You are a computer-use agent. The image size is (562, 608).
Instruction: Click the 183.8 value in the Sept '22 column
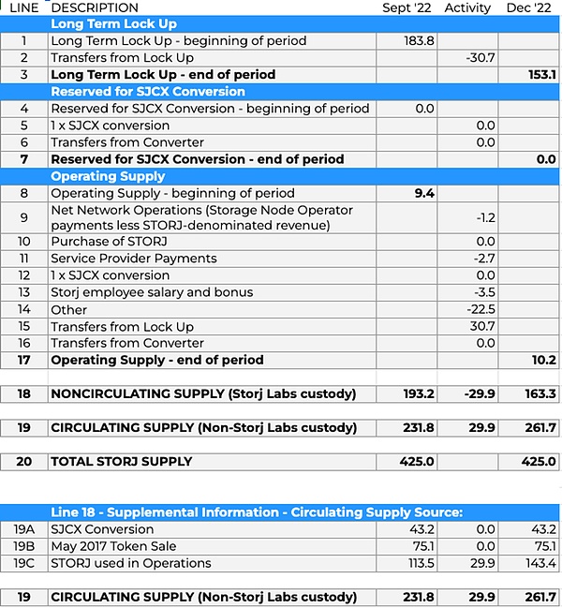pos(419,41)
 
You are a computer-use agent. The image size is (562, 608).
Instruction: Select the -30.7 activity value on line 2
pos(480,58)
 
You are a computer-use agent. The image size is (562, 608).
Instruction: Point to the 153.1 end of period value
pos(540,75)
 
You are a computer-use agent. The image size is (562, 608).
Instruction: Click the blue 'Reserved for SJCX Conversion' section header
pos(148,92)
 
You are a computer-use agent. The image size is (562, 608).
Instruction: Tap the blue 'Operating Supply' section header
pos(108,176)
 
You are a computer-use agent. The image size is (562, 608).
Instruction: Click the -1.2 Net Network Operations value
pos(484,217)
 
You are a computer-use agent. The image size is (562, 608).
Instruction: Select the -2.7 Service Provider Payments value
pos(483,259)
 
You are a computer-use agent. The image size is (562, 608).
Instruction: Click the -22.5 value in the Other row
pos(480,309)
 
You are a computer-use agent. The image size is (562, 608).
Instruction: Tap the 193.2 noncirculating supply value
pos(418,394)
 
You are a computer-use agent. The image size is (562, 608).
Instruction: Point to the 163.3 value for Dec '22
pos(540,394)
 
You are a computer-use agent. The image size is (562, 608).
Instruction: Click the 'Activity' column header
pos(467,8)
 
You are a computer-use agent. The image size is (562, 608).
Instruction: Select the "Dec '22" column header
pos(529,8)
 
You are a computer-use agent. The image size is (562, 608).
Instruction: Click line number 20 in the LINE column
pos(23,462)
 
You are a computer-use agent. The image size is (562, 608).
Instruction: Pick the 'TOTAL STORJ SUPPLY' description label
pos(122,462)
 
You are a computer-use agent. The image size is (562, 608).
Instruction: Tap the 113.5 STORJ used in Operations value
pos(420,563)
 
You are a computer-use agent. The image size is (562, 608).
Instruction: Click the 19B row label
pos(23,546)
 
